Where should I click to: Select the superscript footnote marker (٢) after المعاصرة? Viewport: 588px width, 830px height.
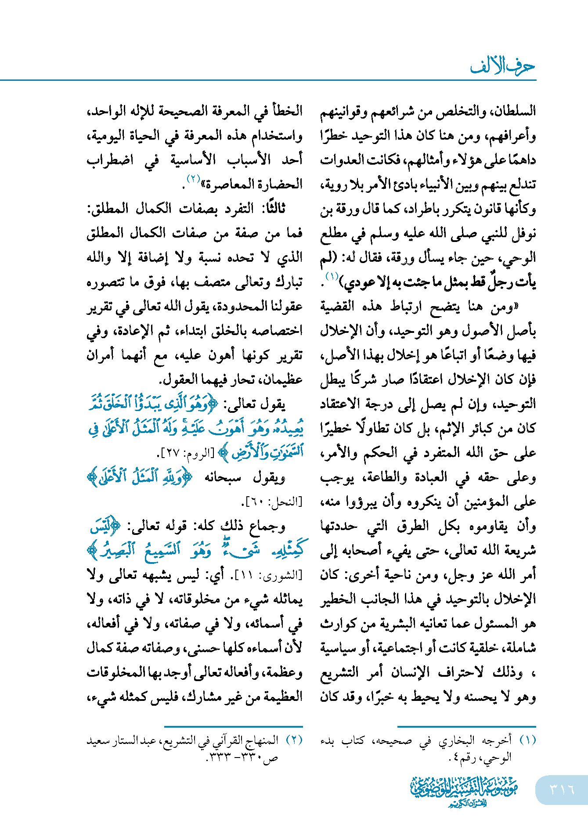pos(193,179)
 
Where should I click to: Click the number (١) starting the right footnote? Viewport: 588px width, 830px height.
pos(527,740)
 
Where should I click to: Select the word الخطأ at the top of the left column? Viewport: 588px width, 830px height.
pos(288,111)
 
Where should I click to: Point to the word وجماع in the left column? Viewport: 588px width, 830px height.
pos(268,526)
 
